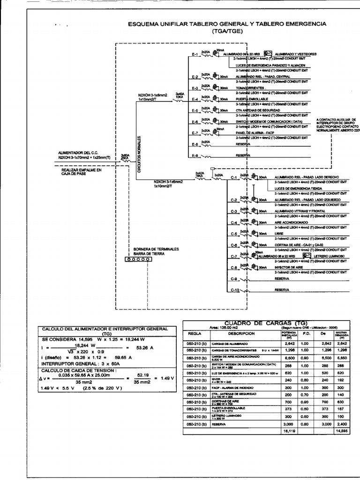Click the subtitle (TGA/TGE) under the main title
[x=226, y=31]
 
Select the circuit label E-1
[x=195, y=54]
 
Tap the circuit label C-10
[x=235, y=290]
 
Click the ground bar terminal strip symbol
[x=137, y=259]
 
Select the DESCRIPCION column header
[x=242, y=334]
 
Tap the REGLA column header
[x=194, y=334]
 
